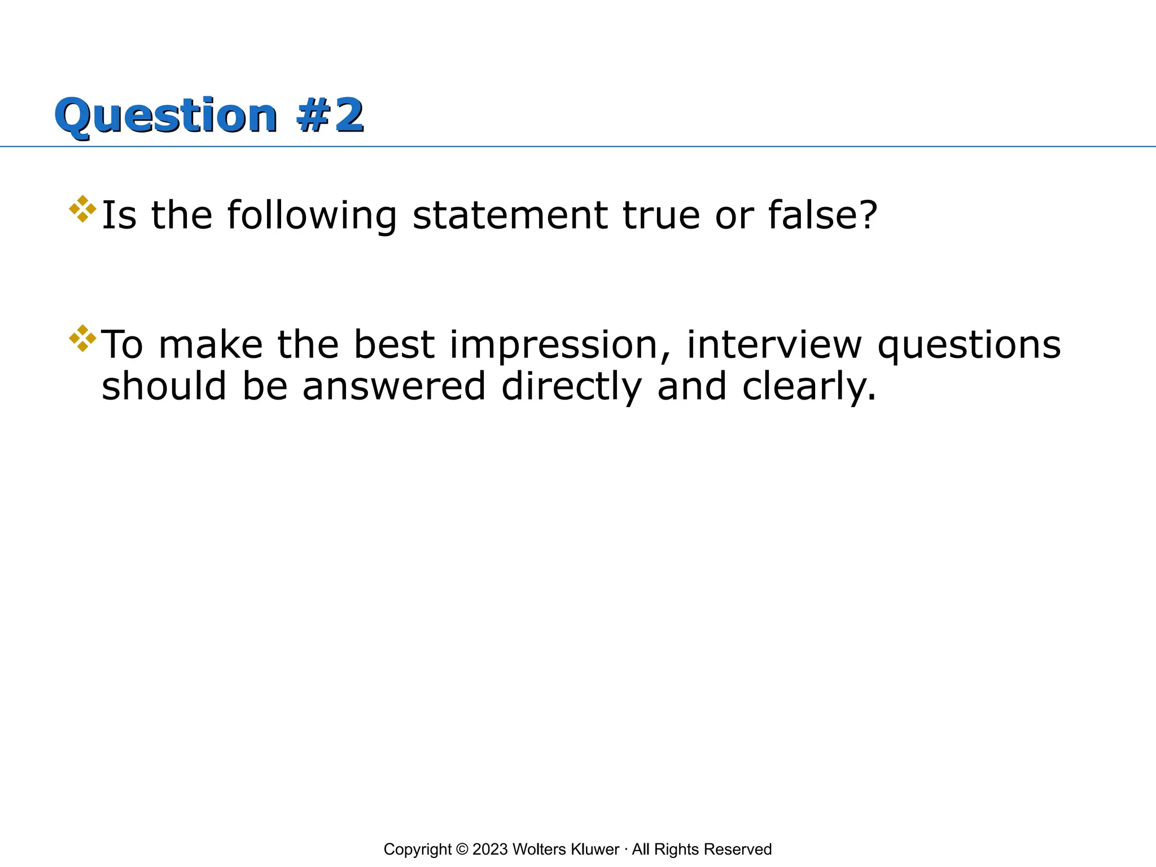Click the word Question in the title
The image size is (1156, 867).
click(166, 116)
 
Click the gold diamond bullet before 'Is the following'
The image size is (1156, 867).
click(82, 209)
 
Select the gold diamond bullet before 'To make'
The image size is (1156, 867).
click(82, 338)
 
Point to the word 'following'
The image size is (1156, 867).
click(312, 216)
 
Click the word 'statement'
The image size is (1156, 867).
click(510, 216)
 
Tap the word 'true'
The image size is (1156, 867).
click(661, 216)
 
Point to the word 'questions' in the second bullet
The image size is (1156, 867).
click(969, 346)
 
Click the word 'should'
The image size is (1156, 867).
click(164, 387)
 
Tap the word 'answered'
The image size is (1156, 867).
click(394, 388)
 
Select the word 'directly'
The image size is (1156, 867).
click(571, 388)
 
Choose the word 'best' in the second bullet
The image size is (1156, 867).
click(394, 345)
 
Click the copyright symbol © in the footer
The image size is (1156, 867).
click(462, 850)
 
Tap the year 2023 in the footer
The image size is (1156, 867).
click(490, 850)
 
